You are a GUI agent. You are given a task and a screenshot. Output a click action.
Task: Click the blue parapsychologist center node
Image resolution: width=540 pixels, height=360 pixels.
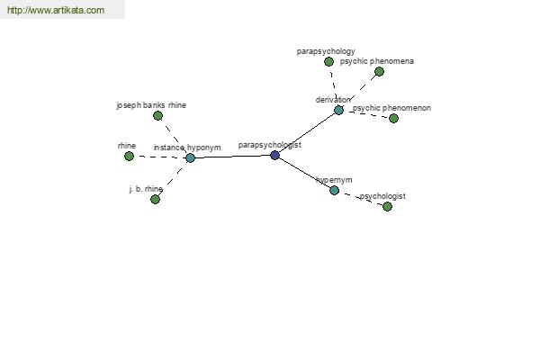pyautogui.click(x=274, y=155)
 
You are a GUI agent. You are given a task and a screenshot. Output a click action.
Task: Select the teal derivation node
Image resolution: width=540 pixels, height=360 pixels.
pyautogui.click(x=338, y=110)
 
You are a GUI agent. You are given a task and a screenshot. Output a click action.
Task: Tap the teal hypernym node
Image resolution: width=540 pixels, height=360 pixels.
pyautogui.click(x=334, y=190)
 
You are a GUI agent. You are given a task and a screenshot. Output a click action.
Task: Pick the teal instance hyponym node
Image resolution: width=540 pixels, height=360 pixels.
pyautogui.click(x=190, y=158)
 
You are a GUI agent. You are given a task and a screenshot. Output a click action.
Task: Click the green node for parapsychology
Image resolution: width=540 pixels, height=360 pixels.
pyautogui.click(x=328, y=62)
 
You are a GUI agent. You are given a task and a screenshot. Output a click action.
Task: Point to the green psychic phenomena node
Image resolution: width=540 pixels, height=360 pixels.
pyautogui.click(x=379, y=72)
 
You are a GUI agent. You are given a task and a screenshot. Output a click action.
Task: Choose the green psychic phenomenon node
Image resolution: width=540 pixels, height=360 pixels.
pyautogui.click(x=393, y=119)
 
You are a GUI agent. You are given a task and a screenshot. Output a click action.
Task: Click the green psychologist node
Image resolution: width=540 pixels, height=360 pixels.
pyautogui.click(x=387, y=206)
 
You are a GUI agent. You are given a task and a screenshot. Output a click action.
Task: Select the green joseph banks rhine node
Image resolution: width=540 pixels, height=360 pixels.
pyautogui.click(x=157, y=116)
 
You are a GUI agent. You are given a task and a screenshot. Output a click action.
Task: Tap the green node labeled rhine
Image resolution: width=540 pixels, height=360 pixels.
pyautogui.click(x=129, y=157)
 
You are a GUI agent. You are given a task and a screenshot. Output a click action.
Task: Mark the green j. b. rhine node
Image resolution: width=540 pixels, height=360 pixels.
pyautogui.click(x=155, y=199)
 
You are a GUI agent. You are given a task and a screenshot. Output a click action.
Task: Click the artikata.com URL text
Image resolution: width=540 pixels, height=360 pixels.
pyautogui.click(x=56, y=10)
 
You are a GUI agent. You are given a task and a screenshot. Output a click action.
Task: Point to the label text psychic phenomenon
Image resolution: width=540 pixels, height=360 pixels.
pyautogui.click(x=391, y=108)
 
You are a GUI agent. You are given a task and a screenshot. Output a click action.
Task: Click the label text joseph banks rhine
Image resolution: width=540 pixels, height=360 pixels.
pyautogui.click(x=151, y=105)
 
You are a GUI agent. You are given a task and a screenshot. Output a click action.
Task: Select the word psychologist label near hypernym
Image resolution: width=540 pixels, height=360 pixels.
pyautogui.click(x=382, y=196)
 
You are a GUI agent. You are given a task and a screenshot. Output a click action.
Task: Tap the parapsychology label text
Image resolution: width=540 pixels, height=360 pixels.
pyautogui.click(x=326, y=51)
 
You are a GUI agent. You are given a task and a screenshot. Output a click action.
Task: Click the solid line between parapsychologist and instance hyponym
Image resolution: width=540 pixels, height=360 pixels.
pyautogui.click(x=232, y=157)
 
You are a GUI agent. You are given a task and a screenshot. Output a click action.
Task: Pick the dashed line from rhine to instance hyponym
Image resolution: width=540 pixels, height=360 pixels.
pyautogui.click(x=159, y=157)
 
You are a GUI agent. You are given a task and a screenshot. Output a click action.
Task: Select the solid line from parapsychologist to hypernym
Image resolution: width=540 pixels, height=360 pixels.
pyautogui.click(x=304, y=173)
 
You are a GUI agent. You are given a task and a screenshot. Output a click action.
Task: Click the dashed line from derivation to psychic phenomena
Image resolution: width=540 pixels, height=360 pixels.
pyautogui.click(x=359, y=91)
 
